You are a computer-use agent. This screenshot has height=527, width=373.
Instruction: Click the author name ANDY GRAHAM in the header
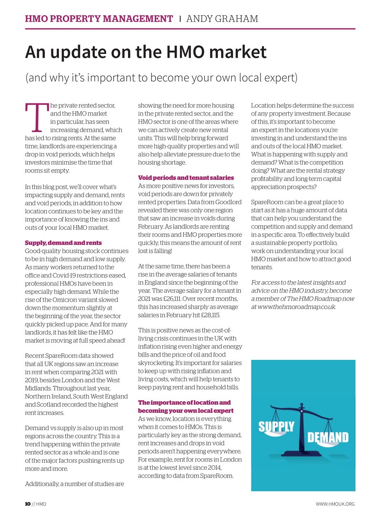point(222,19)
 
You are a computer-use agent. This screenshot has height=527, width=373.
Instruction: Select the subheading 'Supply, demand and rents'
point(63,243)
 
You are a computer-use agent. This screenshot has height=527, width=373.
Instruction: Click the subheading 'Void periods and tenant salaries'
point(186,178)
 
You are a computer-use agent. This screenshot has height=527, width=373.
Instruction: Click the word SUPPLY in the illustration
point(276,427)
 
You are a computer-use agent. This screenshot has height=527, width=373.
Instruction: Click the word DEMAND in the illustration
point(328,437)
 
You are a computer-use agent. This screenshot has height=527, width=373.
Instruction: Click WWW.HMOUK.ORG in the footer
point(335,504)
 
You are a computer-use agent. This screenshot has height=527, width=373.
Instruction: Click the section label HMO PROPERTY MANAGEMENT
point(99,19)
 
